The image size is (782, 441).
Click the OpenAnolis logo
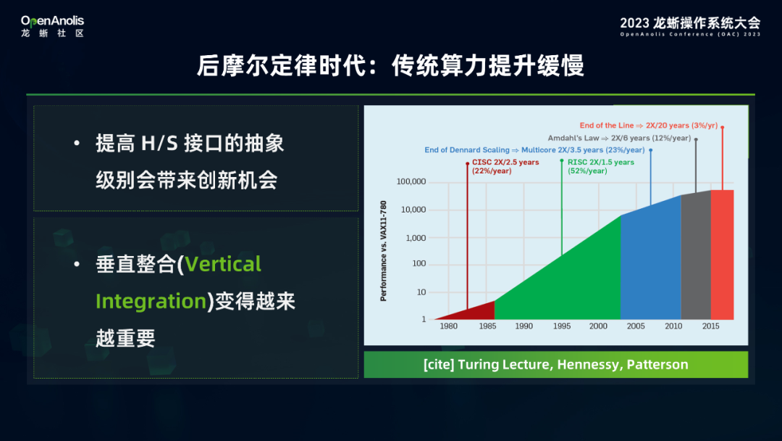point(52,26)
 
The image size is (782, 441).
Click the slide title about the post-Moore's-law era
point(390,66)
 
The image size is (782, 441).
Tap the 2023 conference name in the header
point(690,26)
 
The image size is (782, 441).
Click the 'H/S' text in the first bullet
point(159,144)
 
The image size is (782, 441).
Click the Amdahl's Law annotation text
point(619,138)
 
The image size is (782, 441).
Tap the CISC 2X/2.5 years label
point(505,166)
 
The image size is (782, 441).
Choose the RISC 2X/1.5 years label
point(600,166)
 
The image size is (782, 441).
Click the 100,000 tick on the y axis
point(411,182)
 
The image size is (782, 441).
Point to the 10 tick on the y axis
point(421,292)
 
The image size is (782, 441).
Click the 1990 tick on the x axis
point(524,326)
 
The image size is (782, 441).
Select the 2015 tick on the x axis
point(711,326)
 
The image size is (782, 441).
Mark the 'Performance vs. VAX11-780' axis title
point(384,251)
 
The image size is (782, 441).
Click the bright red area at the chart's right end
point(722,255)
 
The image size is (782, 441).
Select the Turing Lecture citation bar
point(555,365)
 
